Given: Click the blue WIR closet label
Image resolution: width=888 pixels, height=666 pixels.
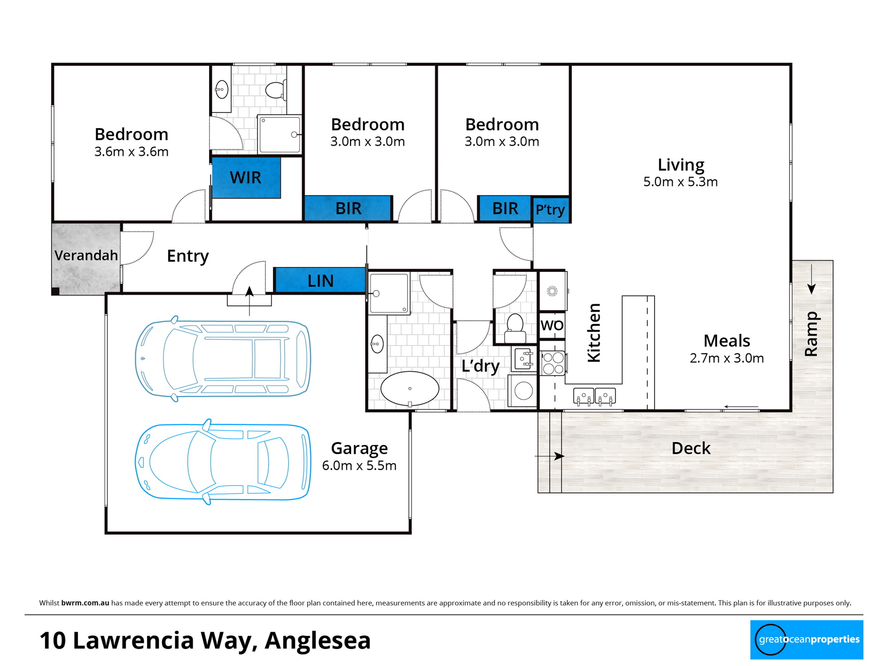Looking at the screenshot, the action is tap(246, 178).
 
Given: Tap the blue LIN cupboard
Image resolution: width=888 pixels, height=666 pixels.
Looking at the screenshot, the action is tap(320, 280).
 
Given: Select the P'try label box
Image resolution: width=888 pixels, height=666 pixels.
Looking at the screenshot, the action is tap(550, 210).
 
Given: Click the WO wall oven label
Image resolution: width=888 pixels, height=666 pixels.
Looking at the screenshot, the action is tap(552, 325).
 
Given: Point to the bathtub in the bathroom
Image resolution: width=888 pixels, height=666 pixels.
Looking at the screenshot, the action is tap(410, 389).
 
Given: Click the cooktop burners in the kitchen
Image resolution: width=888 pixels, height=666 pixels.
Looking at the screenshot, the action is tap(553, 363).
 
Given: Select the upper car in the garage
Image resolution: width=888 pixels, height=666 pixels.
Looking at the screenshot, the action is tap(223, 358).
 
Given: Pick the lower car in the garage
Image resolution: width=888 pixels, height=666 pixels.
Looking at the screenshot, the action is tap(223, 462).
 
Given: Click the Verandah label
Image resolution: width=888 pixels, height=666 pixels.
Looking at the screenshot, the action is tap(86, 255).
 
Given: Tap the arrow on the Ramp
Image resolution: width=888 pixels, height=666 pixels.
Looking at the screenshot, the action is tap(811, 279).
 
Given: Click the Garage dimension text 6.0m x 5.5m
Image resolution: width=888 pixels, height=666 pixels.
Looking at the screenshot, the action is tap(359, 465).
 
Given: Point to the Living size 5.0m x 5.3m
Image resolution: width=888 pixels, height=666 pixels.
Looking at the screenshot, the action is tap(681, 182).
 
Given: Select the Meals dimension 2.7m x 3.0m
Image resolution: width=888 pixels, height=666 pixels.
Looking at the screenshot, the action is tap(727, 358).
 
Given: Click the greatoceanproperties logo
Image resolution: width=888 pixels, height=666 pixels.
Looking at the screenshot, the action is tap(807, 640).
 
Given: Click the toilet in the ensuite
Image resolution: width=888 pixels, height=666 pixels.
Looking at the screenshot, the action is tap(276, 90).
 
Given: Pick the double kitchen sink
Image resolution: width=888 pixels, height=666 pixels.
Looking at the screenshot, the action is tap(595, 396).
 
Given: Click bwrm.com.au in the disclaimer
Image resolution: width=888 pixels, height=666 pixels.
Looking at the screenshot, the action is tap(85, 603).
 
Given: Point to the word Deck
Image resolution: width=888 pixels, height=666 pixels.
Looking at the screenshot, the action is tap(691, 448).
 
